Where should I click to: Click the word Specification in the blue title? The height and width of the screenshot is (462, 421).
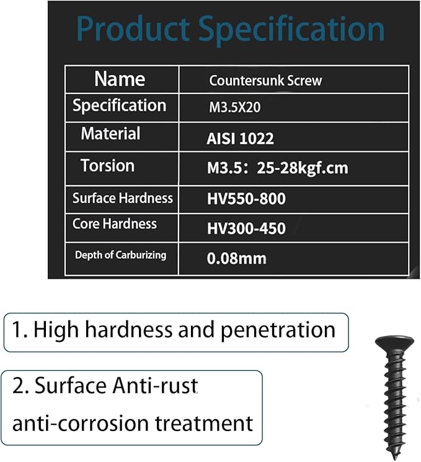[291, 30]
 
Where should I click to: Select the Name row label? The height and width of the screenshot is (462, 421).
[120, 79]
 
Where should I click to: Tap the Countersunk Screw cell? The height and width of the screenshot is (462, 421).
[265, 81]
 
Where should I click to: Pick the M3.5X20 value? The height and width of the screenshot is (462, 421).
[235, 107]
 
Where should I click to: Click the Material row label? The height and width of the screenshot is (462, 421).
[110, 134]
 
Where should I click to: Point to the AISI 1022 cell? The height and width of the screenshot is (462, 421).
[240, 139]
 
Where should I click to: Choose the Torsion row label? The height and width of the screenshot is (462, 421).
[108, 165]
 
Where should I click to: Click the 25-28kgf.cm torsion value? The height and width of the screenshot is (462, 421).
[303, 168]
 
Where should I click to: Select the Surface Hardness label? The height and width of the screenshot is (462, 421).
[122, 198]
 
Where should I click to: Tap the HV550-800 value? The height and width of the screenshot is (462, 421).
[246, 199]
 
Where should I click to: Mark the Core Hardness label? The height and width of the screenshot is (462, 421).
[115, 224]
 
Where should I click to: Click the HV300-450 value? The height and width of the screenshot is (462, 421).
[246, 229]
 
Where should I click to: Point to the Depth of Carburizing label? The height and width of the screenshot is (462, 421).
[120, 255]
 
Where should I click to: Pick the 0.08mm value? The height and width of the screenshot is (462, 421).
[237, 258]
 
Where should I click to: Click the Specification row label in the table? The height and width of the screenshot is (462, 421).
[120, 106]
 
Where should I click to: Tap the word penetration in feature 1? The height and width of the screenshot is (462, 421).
[278, 330]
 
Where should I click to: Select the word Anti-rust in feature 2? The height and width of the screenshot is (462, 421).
[155, 385]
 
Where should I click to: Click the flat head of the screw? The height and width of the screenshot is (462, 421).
[394, 342]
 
